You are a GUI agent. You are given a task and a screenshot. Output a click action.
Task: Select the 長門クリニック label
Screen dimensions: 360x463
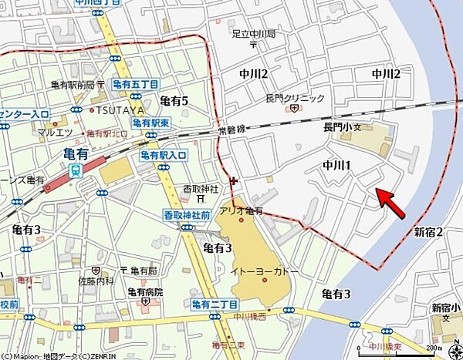pos(296,98)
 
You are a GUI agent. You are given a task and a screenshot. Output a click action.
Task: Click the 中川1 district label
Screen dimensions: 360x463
pos(336,165)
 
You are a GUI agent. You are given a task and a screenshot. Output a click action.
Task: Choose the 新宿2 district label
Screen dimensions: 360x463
pos(428,231)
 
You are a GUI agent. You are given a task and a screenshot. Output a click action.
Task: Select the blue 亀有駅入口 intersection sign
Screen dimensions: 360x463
pos(164,156)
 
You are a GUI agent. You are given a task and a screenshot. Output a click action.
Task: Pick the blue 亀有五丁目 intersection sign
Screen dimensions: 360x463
pos(135,84)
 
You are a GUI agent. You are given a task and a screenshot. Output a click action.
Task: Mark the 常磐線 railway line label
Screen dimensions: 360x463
pos(231,132)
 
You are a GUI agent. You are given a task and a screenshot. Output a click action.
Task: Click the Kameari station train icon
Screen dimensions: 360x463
pos(75,171)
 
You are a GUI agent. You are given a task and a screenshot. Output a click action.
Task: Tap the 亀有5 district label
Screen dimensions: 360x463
pos(174,101)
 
